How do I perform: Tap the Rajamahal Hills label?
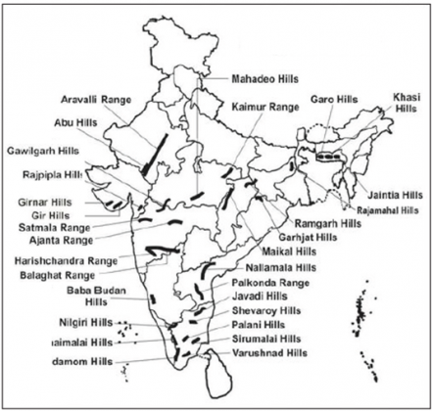coord(389,208)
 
